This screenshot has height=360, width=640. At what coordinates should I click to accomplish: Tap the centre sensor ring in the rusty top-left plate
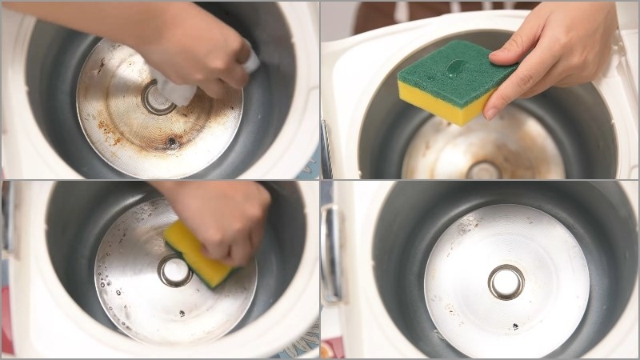[158, 98]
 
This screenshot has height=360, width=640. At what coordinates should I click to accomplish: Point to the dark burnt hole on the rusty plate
[172, 144]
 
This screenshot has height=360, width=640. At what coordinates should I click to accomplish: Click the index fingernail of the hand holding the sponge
[490, 112]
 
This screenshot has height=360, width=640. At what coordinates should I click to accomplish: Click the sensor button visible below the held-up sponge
[483, 170]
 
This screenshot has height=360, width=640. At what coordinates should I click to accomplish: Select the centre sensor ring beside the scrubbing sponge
[174, 271]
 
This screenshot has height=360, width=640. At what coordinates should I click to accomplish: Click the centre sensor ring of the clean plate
[506, 282]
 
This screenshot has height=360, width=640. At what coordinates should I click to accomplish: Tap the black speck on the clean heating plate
[514, 326]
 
